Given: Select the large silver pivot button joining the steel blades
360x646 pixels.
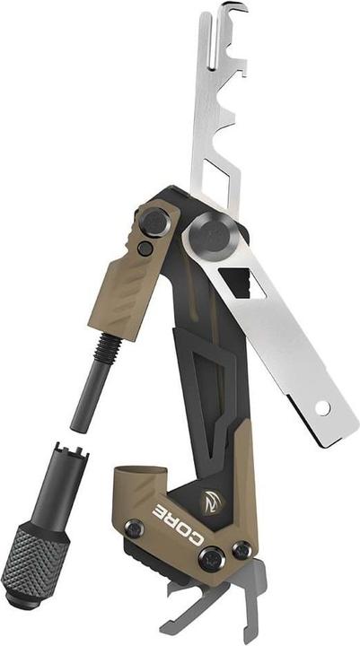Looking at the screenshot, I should pos(211,235).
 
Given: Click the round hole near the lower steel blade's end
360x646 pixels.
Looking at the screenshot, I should pos(320,407).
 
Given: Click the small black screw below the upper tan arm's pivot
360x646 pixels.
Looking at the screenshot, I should pos(145,249).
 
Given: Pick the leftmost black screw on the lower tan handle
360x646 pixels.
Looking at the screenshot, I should pos(134,530).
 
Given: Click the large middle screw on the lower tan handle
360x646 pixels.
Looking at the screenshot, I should pos(212,558).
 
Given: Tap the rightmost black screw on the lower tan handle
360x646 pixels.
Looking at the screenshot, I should pos(242,549).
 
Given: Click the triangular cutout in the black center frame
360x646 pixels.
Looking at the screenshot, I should pos(213,359).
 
